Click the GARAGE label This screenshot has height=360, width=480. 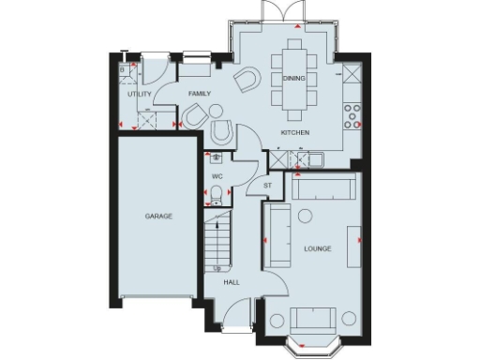pos(157,216)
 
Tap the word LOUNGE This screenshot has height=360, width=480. pos(319,248)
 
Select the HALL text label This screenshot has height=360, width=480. pos(231,281)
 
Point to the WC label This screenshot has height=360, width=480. pos(217,175)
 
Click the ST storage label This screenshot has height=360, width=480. pos(267,186)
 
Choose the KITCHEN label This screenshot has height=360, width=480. pos(295,133)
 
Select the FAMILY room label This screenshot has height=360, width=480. pos(200,94)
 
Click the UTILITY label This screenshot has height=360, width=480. pos(140,94)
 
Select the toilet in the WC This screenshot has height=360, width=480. pos(216,194)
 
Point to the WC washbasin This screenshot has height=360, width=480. pos(217,158)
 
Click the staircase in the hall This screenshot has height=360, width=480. pos(218,237)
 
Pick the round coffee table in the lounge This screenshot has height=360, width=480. pos(305,217)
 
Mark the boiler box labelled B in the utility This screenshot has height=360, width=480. pos(123,68)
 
